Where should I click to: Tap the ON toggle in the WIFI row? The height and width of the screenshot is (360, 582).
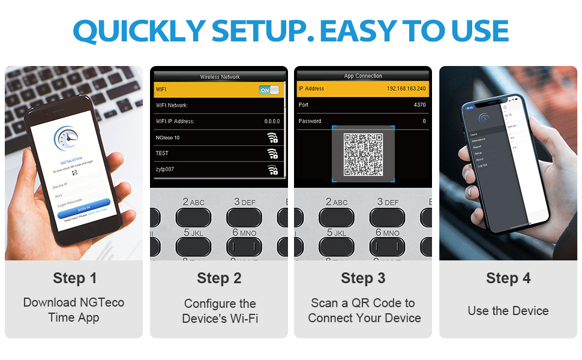pos(269,90)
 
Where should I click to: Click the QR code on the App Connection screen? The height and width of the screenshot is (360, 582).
pos(364,154)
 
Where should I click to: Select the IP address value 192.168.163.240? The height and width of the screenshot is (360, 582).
pos(406,89)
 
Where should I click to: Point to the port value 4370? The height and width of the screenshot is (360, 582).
pos(419,105)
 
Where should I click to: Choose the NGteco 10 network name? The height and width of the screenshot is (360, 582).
pos(167,138)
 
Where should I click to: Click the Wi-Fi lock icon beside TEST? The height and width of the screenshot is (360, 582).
pos(272,154)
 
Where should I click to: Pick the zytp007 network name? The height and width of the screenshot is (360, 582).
pos(165,170)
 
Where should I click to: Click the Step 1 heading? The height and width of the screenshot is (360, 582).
pos(74,278)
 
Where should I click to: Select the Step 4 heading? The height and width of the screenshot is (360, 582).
pos(508,278)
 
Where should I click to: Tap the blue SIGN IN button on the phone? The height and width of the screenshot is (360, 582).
pos(84,207)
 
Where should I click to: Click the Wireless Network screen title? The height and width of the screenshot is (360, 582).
pos(220,77)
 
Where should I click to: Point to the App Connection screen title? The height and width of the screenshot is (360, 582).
pos(364,76)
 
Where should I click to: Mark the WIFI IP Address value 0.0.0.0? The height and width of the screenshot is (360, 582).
pos(272,122)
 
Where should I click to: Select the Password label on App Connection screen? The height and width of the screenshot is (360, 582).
pos(310,121)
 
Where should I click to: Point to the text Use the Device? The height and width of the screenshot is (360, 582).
pos(508,311)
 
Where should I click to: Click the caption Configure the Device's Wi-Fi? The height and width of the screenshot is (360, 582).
pos(220,311)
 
